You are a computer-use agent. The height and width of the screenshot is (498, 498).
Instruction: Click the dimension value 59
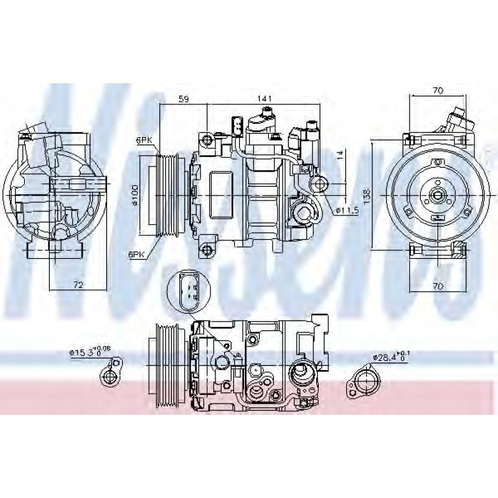click(x=184, y=99)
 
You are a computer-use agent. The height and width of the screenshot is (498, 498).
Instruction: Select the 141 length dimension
click(x=264, y=99)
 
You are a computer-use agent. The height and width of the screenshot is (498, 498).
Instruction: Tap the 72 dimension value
click(x=78, y=284)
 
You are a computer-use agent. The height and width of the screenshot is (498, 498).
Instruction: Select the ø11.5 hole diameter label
click(x=347, y=211)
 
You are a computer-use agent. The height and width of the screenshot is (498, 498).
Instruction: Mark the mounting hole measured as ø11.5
click(x=319, y=184)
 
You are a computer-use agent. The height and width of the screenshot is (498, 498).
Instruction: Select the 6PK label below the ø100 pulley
click(x=136, y=254)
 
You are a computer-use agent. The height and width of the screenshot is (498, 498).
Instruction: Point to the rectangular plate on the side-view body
click(x=220, y=196)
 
